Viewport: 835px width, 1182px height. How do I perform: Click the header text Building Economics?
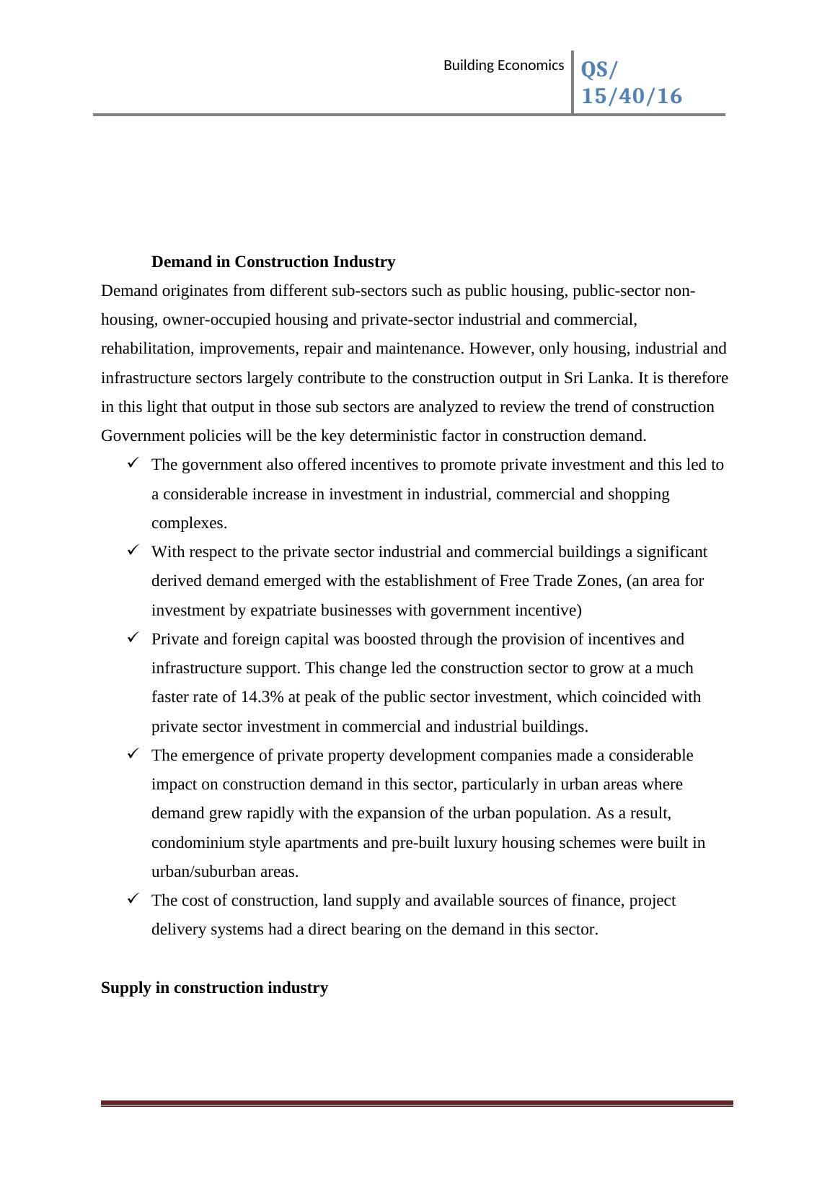coord(503,66)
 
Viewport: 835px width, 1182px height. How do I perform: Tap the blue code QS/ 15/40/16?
coord(630,83)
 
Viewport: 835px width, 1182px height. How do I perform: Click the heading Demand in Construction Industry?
coord(273,262)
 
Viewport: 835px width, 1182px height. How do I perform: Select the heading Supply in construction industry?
coord(214,988)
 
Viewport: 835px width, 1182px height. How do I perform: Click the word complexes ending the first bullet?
coord(189,523)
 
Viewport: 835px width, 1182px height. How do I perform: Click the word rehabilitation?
coord(147,349)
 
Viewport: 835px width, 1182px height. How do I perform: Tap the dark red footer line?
coord(417,1103)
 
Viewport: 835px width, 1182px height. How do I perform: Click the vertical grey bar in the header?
coord(573,82)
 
